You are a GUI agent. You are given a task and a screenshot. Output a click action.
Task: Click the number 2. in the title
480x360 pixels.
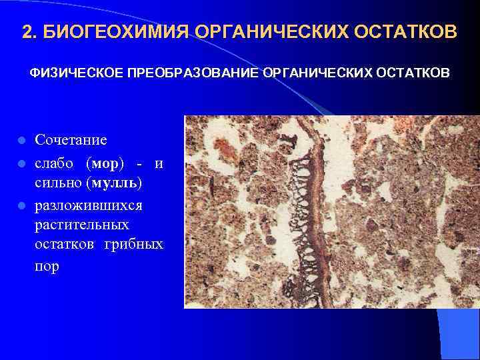coord(29,32)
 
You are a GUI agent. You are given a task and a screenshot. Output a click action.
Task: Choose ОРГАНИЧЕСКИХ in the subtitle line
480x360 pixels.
coord(319,71)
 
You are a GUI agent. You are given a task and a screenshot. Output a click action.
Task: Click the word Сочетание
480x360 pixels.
coord(71,140)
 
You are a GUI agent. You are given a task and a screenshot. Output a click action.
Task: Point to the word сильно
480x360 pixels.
coord(58,181)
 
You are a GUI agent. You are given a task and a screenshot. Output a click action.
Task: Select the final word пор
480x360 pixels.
coord(47,265)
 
